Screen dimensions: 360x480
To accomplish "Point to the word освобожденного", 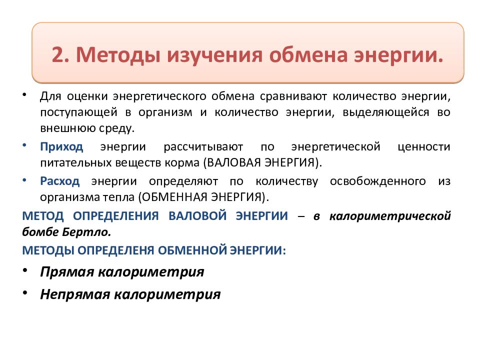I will pyautogui.click(x=378, y=181).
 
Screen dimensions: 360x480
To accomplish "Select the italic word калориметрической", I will pyautogui.click(x=389, y=216).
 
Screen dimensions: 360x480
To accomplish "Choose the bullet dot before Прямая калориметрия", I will pyautogui.click(x=25, y=270).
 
